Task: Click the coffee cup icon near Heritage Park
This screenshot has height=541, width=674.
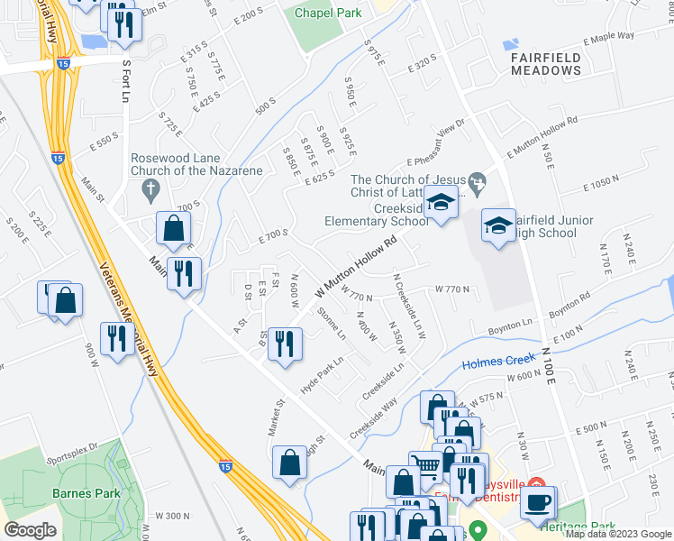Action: point(540,502)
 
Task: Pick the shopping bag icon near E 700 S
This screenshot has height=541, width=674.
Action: point(172,229)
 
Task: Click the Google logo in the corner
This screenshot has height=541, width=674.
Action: point(30,530)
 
